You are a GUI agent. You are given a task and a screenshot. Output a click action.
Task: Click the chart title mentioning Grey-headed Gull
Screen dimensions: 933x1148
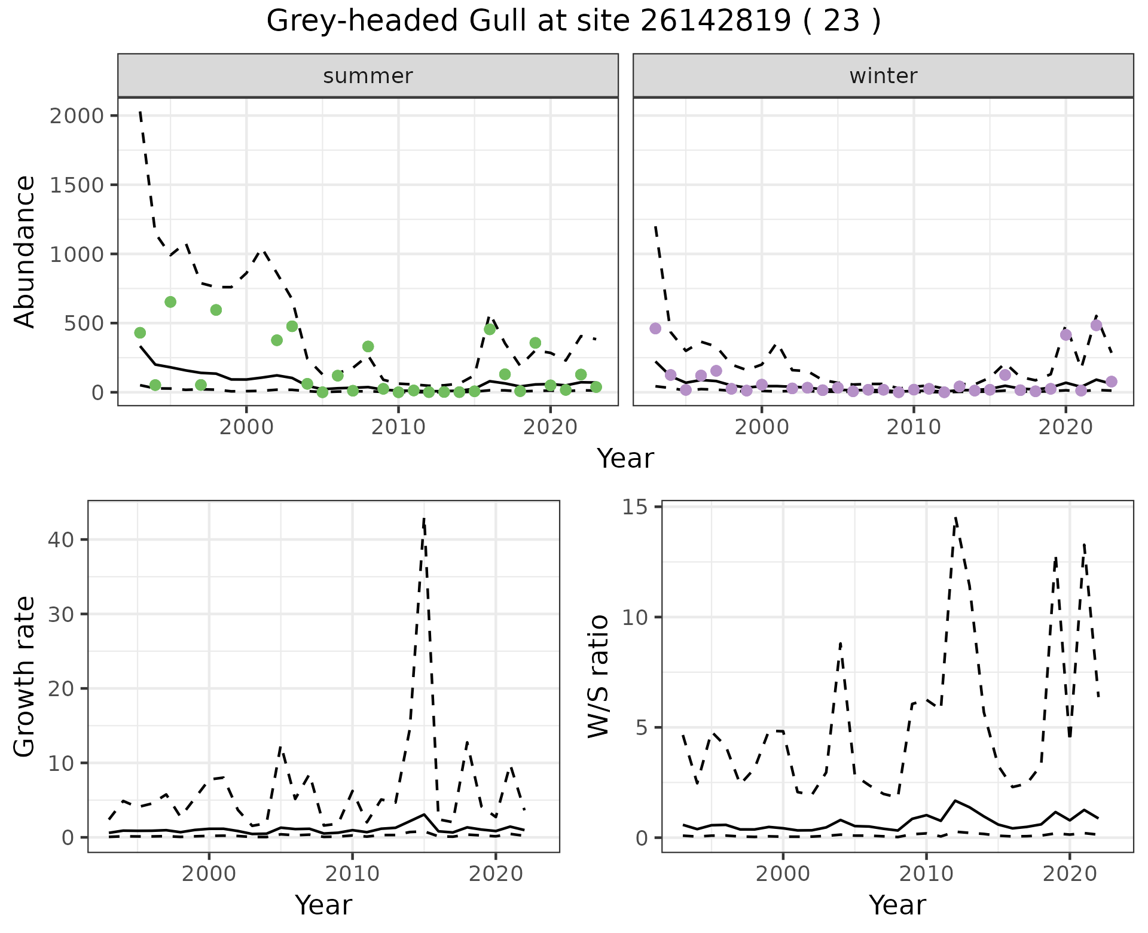tap(573, 22)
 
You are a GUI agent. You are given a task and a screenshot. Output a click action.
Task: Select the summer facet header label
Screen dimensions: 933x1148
tap(368, 76)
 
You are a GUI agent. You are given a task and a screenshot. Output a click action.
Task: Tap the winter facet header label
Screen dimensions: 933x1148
tap(883, 76)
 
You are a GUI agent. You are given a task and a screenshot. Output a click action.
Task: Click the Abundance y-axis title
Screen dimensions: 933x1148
tap(25, 251)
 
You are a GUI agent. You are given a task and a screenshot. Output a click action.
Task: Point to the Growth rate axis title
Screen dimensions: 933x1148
tap(25, 676)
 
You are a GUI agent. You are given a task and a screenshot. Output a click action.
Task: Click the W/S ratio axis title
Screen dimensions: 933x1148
tap(599, 676)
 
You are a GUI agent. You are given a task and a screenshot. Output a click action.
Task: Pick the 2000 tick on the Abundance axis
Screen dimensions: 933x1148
tap(77, 115)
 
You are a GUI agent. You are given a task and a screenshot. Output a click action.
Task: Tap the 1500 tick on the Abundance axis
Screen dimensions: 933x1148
tap(77, 185)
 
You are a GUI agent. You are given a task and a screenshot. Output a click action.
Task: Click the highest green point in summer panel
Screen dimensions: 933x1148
tap(170, 302)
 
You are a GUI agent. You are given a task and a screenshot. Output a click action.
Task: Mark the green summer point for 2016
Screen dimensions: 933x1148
tap(490, 329)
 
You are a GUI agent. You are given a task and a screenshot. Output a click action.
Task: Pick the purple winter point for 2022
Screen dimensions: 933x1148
tap(1096, 325)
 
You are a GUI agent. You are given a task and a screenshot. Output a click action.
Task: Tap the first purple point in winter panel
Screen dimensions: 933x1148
tap(655, 328)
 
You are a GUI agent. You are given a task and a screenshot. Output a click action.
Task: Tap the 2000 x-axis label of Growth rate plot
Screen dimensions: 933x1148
tap(209, 874)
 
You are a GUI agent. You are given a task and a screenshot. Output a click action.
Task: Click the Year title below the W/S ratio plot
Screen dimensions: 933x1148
tap(897, 905)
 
